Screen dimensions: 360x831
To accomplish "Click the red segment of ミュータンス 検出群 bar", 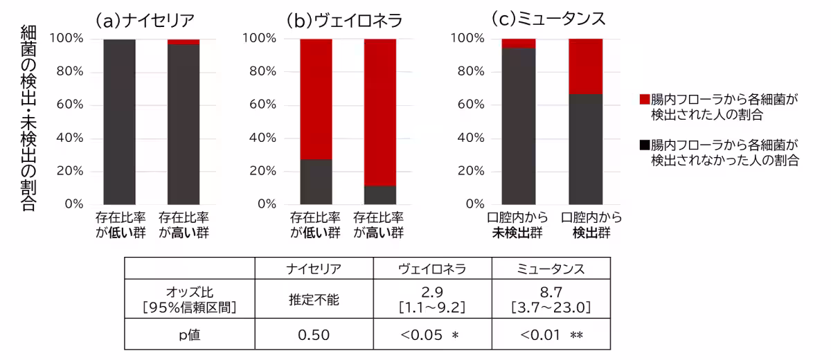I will (585, 66).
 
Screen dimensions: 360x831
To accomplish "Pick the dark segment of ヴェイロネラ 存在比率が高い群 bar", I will (380, 195).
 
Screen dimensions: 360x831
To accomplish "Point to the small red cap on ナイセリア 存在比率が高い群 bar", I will (184, 42).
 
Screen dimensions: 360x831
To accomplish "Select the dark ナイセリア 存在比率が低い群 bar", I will (120, 121).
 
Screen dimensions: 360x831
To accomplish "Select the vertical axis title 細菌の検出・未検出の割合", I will (29, 118).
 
